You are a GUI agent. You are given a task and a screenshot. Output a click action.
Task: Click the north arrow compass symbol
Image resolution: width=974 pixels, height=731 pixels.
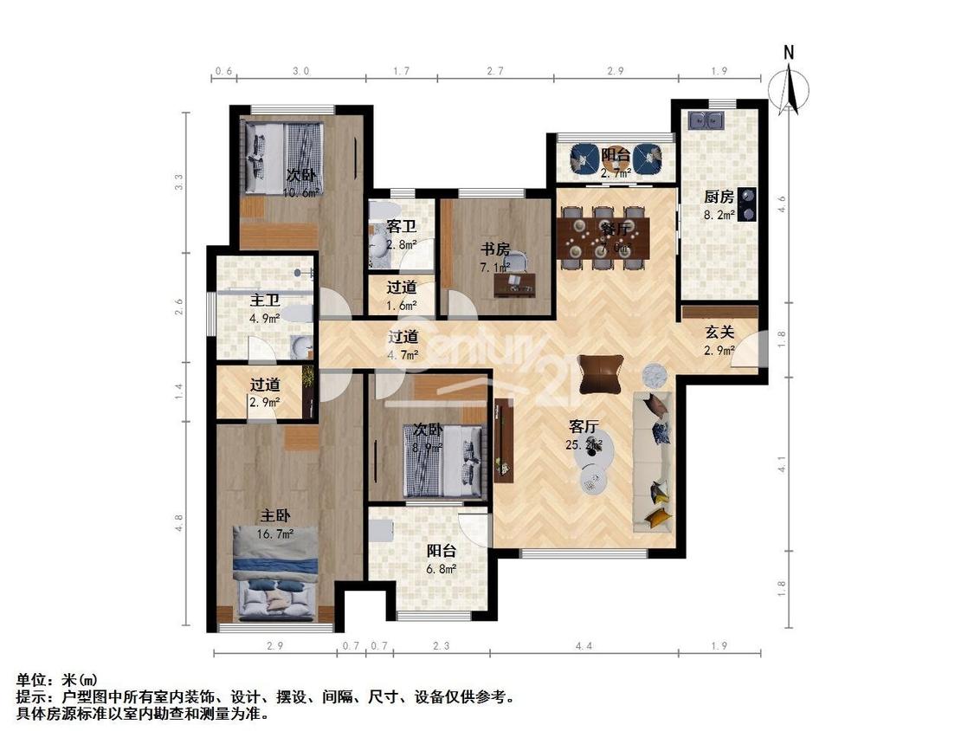[788, 85]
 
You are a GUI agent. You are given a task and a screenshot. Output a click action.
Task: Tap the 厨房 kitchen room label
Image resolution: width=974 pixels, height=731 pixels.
[719, 197]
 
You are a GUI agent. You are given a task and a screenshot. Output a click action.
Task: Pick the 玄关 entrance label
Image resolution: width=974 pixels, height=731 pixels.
[719, 332]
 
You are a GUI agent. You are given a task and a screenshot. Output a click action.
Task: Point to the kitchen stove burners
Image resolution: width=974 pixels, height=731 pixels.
[746, 205]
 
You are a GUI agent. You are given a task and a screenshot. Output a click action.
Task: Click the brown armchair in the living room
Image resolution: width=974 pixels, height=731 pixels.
[601, 374]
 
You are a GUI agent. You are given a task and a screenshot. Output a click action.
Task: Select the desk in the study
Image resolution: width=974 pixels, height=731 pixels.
[514, 283]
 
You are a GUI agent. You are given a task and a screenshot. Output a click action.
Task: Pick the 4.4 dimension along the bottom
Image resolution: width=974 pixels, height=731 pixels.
[584, 645]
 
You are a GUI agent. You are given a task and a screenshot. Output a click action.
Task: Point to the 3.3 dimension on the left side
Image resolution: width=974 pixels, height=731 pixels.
[179, 183]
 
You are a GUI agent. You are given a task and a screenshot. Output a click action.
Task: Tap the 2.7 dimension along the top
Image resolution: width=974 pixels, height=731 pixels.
[494, 71]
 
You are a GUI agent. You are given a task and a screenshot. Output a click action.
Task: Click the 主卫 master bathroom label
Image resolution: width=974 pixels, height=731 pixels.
[264, 301]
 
